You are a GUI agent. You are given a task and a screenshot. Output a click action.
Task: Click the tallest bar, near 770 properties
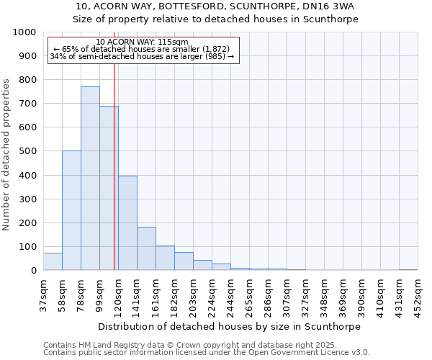[90, 179]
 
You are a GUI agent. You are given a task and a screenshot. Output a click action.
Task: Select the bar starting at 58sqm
[71, 210]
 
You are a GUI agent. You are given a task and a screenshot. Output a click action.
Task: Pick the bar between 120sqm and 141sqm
[127, 223]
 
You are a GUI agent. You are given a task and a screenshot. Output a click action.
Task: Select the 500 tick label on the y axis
[28, 152]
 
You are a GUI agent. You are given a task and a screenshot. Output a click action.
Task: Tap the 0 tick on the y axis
[34, 271]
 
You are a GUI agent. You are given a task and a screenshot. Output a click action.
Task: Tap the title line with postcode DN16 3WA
[216, 6]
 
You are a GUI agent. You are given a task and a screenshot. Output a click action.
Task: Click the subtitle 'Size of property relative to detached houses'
[216, 19]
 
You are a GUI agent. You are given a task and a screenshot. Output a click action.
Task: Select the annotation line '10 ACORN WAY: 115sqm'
[142, 42]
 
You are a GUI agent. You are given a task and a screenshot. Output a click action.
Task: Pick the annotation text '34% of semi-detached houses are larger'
[142, 56]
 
